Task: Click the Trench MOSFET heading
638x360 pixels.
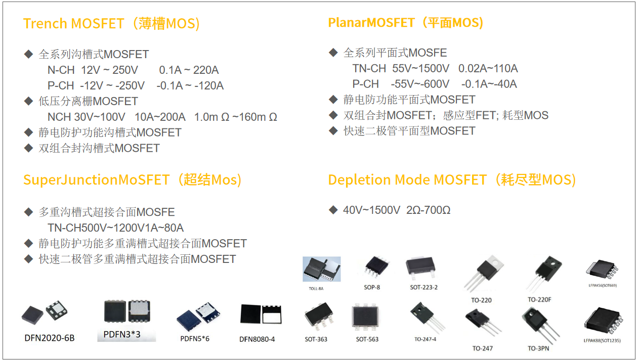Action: tap(112, 24)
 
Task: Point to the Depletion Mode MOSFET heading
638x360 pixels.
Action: tap(452, 180)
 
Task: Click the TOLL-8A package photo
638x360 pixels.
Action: tap(321, 269)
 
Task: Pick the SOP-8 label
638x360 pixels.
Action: tap(372, 287)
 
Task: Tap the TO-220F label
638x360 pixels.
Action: tap(539, 300)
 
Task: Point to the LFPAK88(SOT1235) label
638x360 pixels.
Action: tap(602, 340)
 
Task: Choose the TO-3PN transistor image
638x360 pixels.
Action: tap(538, 324)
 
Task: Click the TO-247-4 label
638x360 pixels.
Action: tap(425, 339)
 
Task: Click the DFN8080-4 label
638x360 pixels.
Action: tap(257, 339)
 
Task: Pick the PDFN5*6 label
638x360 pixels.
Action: tap(195, 338)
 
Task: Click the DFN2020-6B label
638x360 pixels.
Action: tap(50, 337)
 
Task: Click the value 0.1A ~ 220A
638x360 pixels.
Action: tap(189, 70)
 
